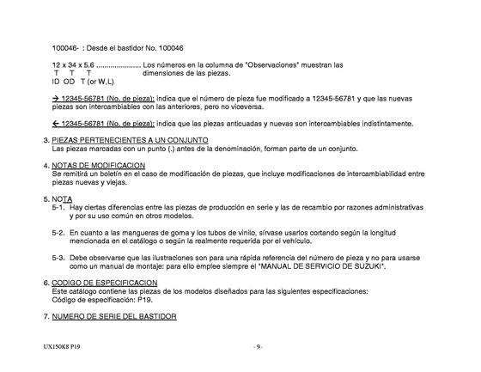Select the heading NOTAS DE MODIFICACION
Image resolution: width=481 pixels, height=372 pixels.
pyautogui.click(x=99, y=165)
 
